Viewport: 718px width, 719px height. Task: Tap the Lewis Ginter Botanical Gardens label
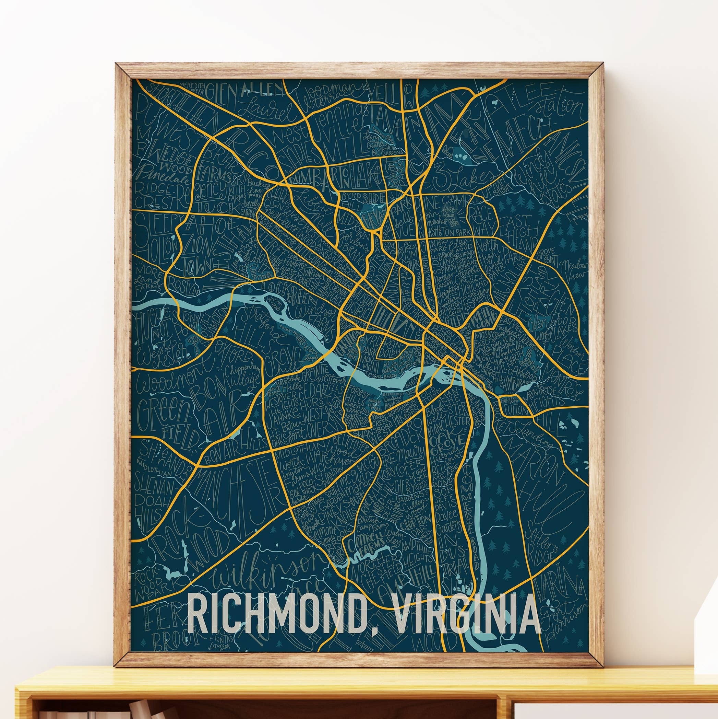point(383,145)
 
